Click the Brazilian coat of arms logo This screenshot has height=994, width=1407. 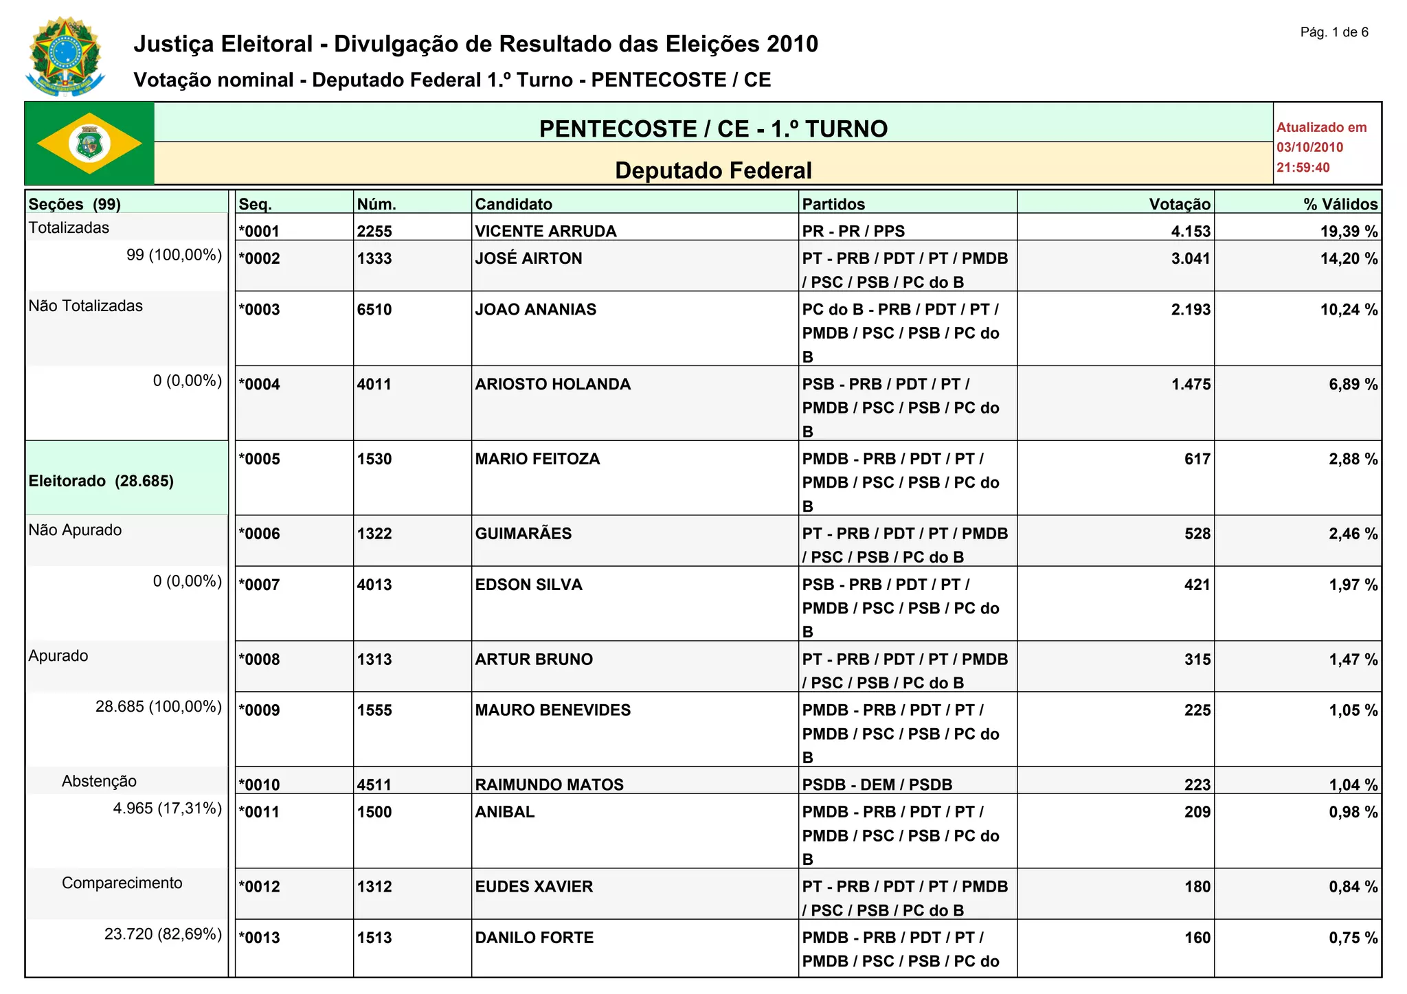coord(65,56)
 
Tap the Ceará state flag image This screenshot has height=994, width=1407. coord(89,144)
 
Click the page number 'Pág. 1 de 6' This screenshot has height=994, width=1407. coord(1333,32)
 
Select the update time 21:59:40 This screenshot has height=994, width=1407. coord(1303,168)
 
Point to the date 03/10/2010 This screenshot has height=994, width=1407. coord(1309,147)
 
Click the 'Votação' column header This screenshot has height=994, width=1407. coord(1180,204)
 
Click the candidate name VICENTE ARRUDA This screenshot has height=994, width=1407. coord(545,231)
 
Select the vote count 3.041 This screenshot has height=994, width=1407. coord(1191,258)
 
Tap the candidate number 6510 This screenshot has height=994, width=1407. coord(374,309)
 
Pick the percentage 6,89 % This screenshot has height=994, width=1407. coord(1353,384)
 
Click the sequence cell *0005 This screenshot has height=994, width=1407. coord(259,459)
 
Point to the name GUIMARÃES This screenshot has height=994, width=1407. coord(523,534)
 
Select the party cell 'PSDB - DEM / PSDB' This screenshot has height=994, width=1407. coord(877,784)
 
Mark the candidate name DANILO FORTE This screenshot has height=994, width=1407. coord(534,938)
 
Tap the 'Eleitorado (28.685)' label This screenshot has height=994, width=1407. coord(101,481)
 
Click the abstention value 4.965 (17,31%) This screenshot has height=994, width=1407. coord(167,808)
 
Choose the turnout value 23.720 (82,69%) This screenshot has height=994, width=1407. coord(163,934)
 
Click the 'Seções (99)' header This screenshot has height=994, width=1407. coord(74,204)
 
